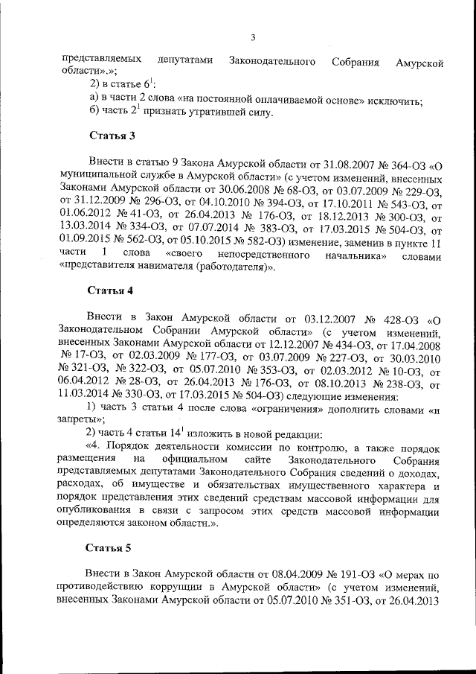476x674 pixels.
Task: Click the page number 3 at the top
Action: click(x=253, y=39)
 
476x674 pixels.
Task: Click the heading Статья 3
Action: click(x=112, y=136)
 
